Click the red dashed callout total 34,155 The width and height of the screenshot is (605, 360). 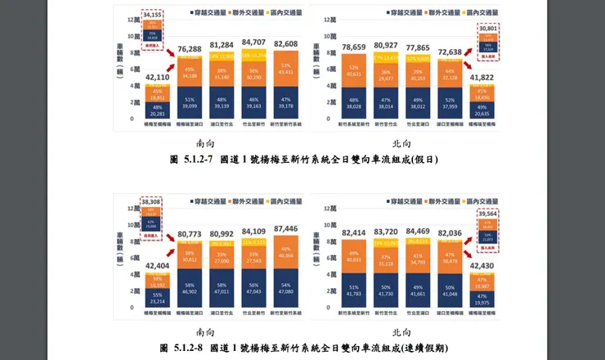point(153,14)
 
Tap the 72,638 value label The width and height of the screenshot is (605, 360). point(450,52)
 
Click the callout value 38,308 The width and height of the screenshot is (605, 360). point(153,200)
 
